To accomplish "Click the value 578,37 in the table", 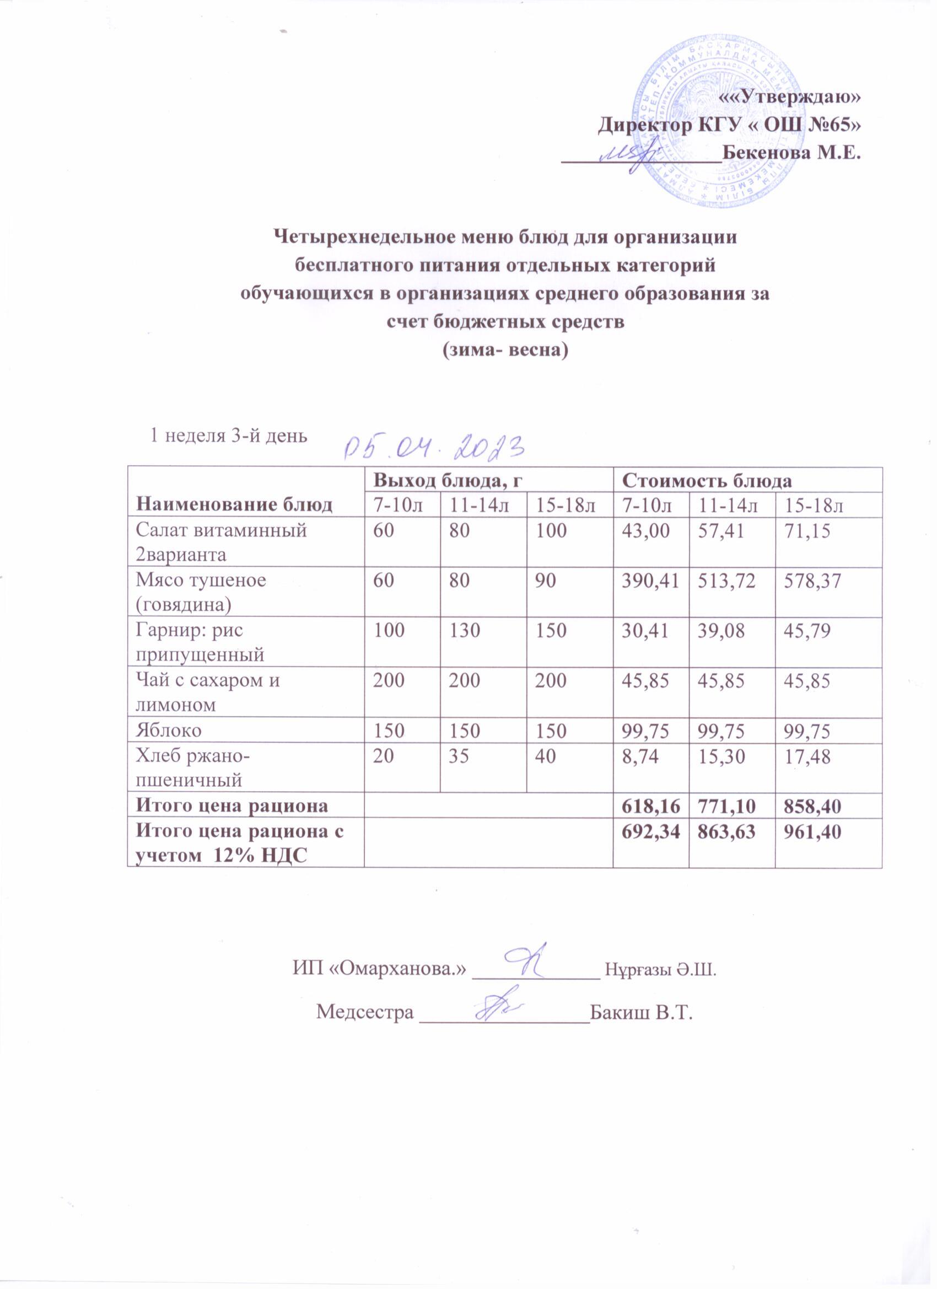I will (807, 581).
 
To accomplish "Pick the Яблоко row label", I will (168, 730).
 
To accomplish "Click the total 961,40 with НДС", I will (807, 831).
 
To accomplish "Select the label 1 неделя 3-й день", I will (228, 436).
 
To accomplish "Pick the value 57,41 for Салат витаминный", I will (722, 531).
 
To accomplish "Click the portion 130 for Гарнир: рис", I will (465, 630).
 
